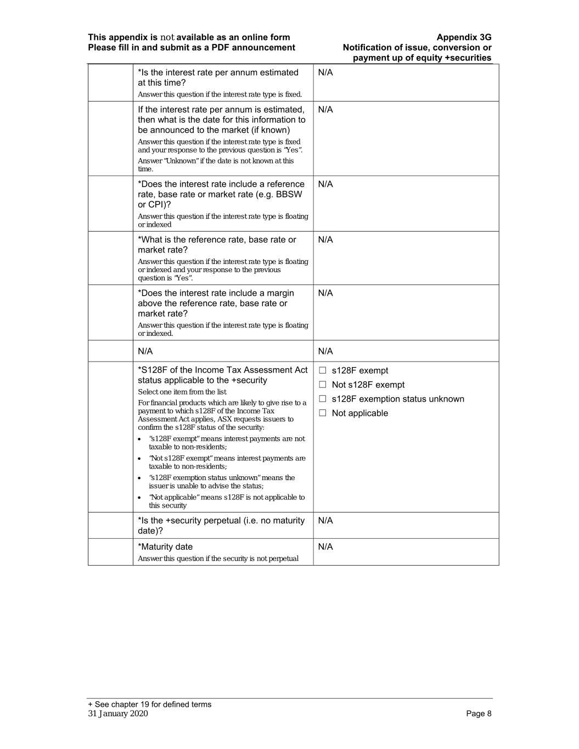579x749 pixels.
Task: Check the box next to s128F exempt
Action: (x=323, y=370)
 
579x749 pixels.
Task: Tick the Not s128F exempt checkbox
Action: (x=323, y=385)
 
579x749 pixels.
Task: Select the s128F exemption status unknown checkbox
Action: (x=323, y=399)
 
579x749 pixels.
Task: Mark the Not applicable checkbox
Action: (x=323, y=413)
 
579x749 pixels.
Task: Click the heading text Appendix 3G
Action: (x=464, y=37)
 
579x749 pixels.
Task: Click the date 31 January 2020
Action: (x=118, y=713)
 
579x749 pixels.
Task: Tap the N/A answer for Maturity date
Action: (x=325, y=547)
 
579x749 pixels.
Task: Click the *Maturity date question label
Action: (x=165, y=547)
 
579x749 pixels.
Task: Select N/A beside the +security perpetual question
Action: (x=325, y=520)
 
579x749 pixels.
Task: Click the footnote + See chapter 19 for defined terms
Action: (x=150, y=705)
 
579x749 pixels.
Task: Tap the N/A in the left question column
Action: (x=145, y=351)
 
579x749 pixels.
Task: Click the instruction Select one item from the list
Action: (x=182, y=392)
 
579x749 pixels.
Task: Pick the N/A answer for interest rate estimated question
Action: (x=325, y=72)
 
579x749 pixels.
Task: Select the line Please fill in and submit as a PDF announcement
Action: (x=192, y=47)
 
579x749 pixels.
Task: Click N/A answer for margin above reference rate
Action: (x=325, y=293)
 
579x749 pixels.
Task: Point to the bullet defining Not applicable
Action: (x=226, y=501)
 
